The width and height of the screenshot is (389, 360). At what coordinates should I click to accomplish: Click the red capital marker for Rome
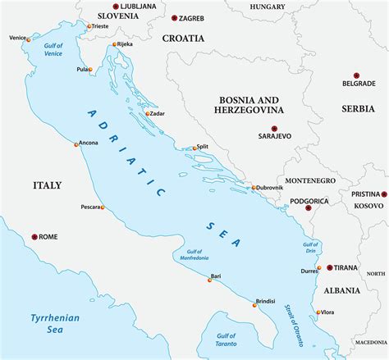click(34, 237)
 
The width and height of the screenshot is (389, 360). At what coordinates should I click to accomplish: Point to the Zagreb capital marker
click(175, 17)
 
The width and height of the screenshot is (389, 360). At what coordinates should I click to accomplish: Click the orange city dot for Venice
click(29, 39)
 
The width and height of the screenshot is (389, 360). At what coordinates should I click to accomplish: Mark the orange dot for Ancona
click(76, 144)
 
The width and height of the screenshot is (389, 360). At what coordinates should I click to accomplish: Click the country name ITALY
click(47, 186)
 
